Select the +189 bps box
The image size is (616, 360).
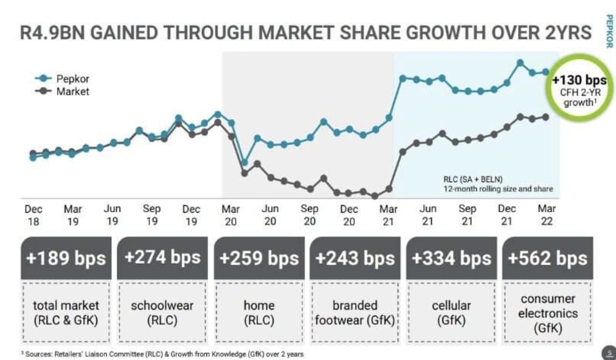66,258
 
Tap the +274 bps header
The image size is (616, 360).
163,257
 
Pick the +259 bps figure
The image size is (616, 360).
259,258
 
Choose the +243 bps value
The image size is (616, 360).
355,258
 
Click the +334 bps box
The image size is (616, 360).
451,258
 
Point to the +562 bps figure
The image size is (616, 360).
548,258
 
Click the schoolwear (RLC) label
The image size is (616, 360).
163,313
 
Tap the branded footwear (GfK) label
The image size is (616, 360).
355,313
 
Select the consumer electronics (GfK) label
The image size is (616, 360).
548,313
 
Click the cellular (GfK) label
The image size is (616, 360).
451,313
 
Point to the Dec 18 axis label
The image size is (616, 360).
34,215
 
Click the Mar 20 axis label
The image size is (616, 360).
230,215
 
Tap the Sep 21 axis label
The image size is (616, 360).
467,215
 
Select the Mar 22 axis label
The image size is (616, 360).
546,215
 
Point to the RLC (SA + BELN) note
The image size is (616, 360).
473,178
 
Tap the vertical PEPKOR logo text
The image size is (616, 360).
607,31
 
